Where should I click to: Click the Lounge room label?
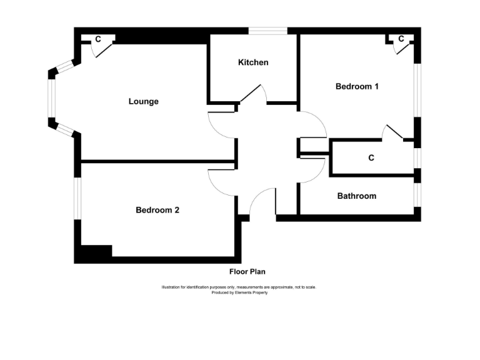point(144,101)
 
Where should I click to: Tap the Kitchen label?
point(253,62)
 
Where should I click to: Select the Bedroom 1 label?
point(357,87)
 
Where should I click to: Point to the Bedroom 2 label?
point(157,211)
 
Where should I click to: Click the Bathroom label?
point(357,196)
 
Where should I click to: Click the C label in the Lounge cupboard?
point(98,39)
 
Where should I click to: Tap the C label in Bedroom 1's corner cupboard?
point(401,39)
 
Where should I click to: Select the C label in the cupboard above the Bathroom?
point(371,158)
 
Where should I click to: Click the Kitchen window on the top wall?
point(267,31)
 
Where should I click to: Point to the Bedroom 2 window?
point(77,199)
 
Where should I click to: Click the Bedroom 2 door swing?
point(220,183)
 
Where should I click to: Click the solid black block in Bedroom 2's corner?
point(93,253)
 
